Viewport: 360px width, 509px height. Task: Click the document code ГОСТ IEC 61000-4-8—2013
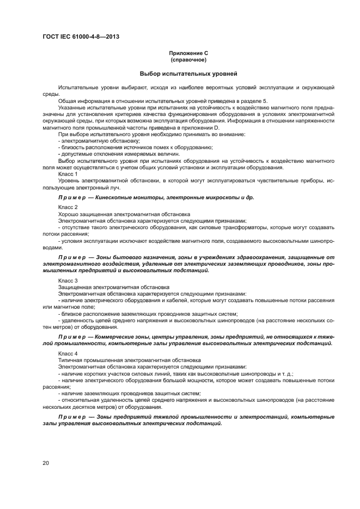click(81, 36)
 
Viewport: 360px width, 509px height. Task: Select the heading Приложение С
click(188, 53)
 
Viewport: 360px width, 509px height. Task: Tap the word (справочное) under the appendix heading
click(188, 59)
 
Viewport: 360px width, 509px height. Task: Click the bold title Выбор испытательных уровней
click(188, 73)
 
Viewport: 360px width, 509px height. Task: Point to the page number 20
click(46, 463)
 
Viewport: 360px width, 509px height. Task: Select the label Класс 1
click(68, 174)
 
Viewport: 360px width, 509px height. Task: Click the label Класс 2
click(68, 207)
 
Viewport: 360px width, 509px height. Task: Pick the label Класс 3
click(68, 280)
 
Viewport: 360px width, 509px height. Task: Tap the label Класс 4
click(68, 353)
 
